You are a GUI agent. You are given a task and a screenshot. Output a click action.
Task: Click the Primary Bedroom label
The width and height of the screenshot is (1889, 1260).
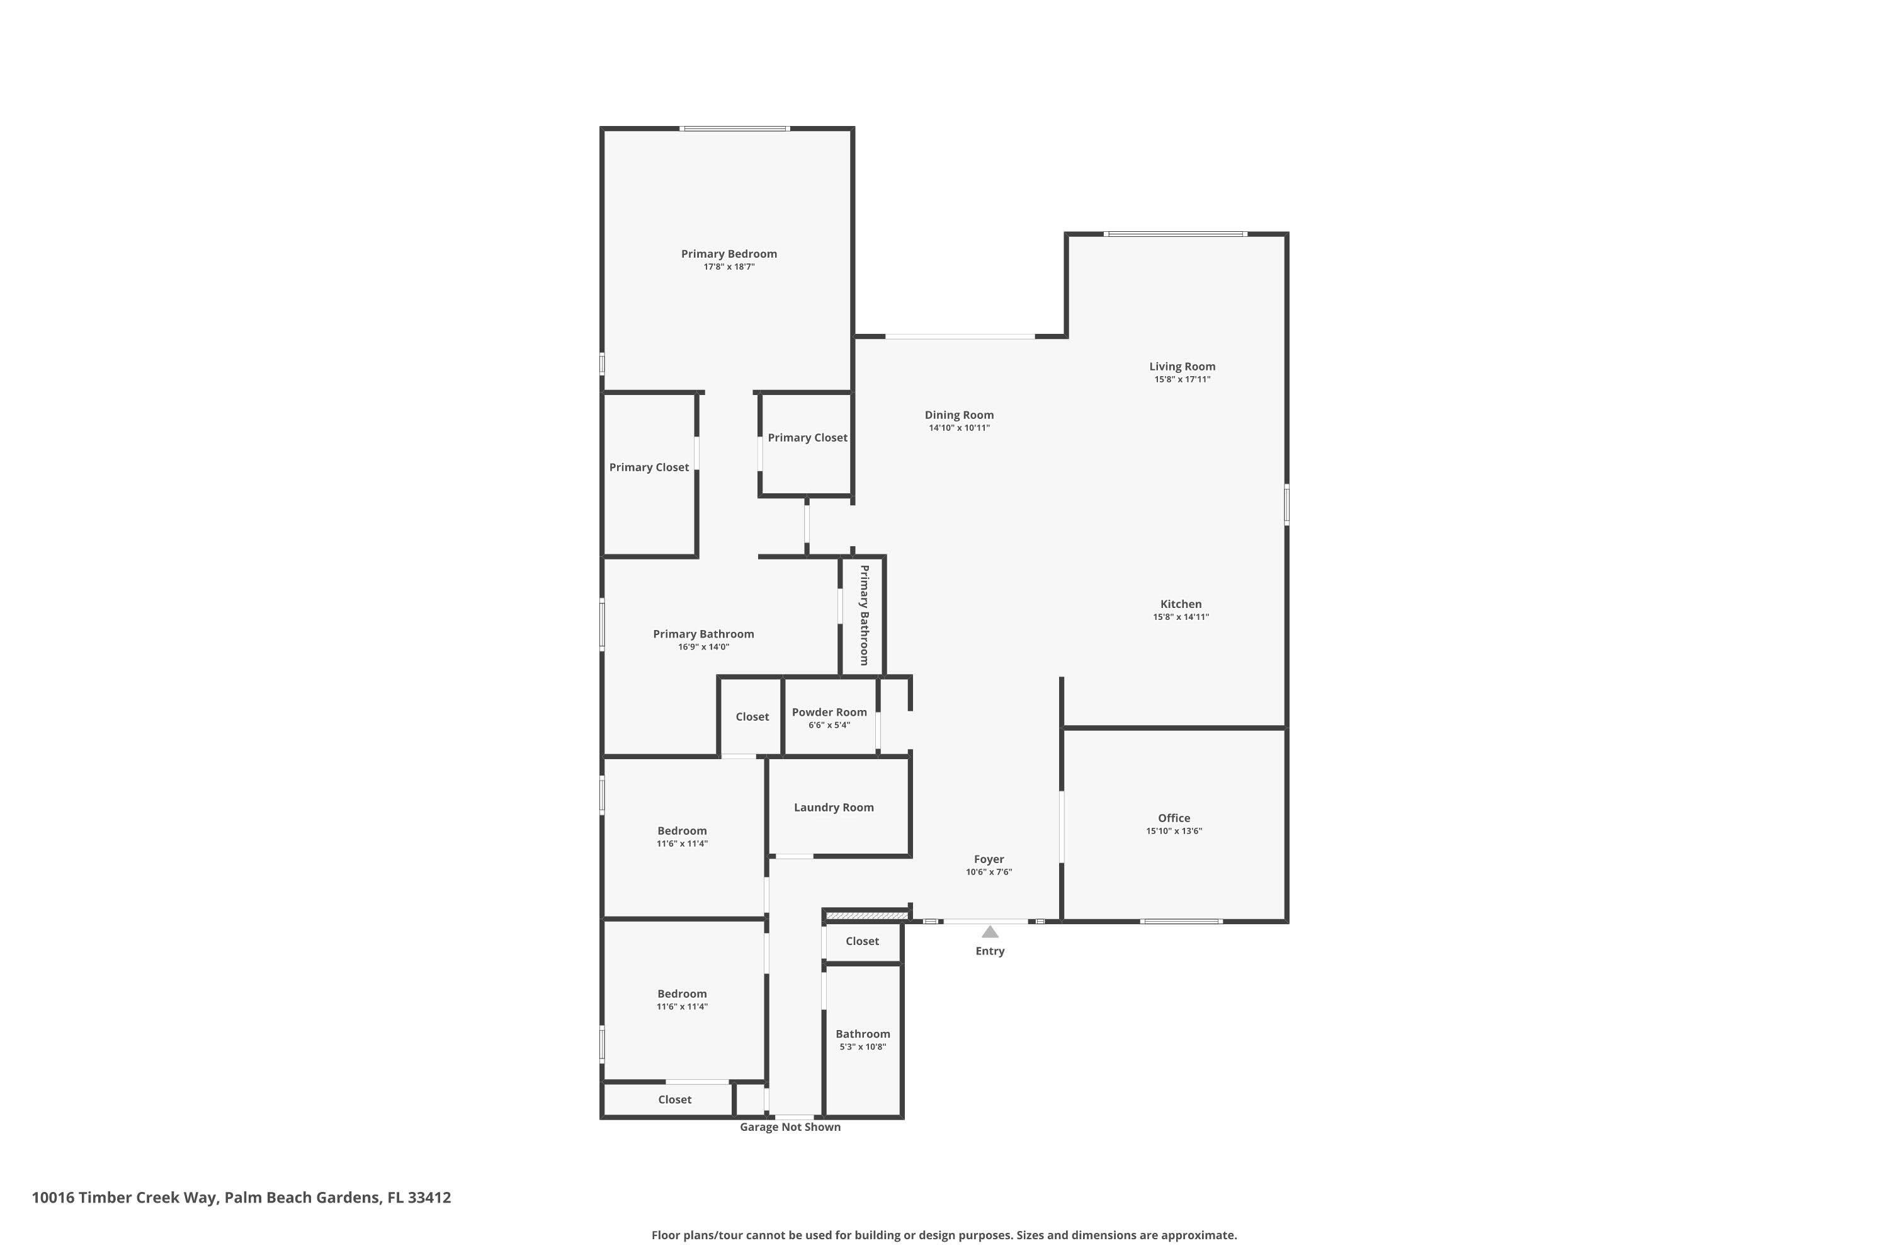729,254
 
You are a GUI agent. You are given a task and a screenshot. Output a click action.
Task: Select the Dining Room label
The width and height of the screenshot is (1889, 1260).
959,415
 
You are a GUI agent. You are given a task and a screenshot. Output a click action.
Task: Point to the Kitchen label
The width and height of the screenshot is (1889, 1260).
1181,604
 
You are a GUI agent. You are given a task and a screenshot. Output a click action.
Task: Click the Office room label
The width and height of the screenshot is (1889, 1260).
1174,818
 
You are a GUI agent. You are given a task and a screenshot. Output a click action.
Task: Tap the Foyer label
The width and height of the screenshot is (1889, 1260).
989,859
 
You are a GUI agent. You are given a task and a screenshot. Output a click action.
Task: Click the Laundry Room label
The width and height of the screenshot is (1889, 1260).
834,808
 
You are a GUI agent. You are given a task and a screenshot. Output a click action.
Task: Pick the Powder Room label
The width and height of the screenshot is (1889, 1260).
829,712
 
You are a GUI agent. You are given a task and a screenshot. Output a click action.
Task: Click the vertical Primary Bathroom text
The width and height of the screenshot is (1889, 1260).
864,615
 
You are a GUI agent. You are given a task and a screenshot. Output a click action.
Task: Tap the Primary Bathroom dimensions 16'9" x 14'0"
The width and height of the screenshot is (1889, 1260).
703,647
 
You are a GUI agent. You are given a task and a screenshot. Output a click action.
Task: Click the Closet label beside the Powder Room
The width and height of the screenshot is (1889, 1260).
752,717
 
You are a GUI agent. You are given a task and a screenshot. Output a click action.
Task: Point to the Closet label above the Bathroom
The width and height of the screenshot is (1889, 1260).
862,941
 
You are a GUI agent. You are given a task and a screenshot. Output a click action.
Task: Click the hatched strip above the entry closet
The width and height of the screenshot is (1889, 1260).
866,915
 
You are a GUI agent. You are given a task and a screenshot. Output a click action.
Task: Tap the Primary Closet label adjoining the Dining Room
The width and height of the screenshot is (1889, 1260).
807,438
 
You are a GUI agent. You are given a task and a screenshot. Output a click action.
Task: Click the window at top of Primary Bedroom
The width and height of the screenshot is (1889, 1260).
734,129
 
